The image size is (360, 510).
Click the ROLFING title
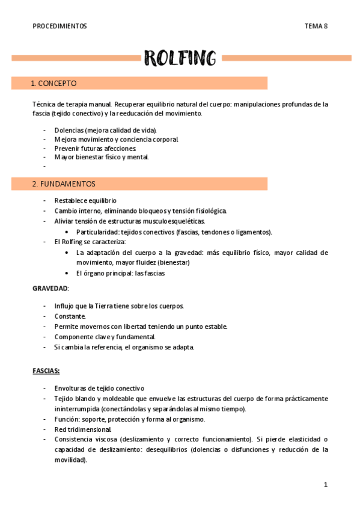(180, 58)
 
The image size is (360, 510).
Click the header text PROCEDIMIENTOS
(59, 26)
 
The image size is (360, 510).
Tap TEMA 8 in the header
(316, 26)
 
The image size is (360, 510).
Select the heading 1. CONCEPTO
(54, 83)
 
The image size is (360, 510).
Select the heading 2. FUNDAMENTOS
(64, 184)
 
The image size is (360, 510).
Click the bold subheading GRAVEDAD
(50, 288)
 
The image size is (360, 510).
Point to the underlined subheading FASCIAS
(46, 371)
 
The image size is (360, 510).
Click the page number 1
(325, 485)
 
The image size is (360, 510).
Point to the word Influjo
(64, 306)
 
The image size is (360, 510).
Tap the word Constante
(70, 316)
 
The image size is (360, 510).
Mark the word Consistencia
(76, 440)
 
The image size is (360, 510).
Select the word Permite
(67, 327)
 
